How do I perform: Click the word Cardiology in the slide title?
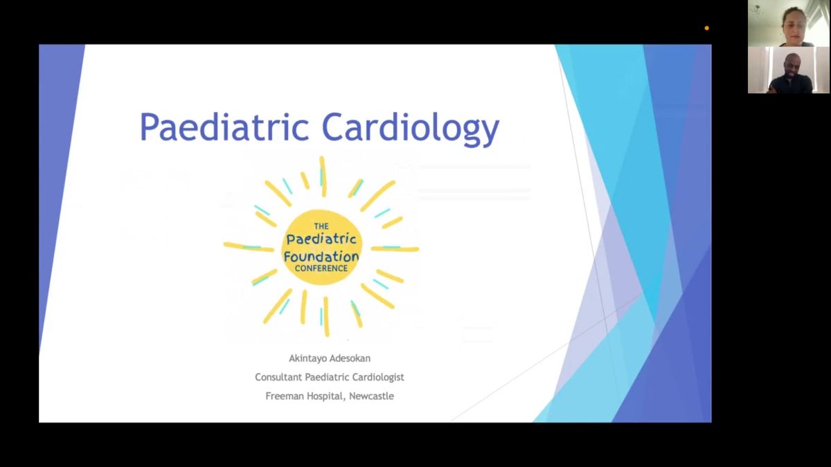(410, 128)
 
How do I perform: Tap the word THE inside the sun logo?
(321, 226)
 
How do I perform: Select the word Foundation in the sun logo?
(321, 256)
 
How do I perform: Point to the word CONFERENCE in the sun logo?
(321, 268)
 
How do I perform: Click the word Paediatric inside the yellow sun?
(321, 239)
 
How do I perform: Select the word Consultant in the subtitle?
(278, 377)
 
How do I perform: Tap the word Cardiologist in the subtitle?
(378, 377)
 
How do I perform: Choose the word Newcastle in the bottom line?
(371, 396)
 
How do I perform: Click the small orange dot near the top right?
(707, 28)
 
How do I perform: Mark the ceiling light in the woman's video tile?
(757, 11)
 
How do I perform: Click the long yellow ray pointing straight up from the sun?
(323, 176)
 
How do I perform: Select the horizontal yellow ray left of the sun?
(249, 247)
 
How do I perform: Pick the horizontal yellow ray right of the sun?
(395, 248)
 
